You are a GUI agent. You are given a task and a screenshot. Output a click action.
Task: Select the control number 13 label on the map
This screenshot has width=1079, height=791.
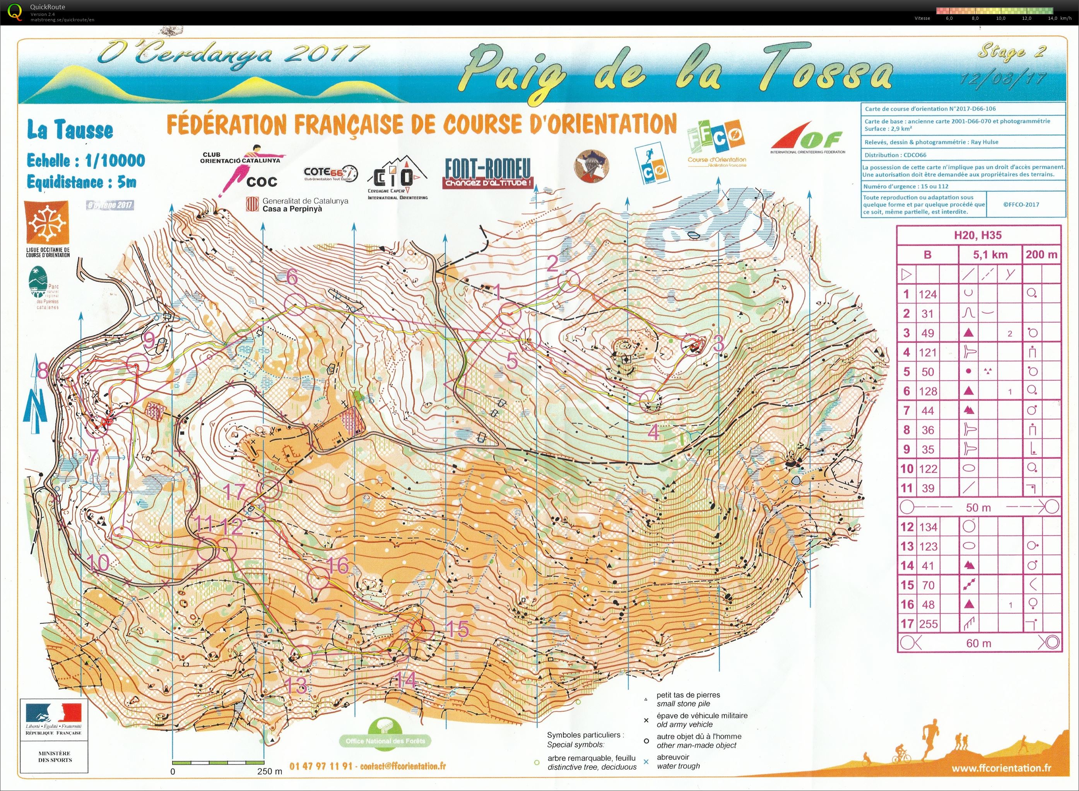pos(296,686)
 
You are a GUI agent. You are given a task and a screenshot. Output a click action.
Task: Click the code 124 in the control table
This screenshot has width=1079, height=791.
pos(927,294)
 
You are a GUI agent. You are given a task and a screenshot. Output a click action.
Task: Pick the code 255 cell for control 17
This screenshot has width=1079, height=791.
pos(928,624)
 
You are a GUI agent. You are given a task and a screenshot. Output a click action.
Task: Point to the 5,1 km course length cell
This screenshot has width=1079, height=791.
pos(990,254)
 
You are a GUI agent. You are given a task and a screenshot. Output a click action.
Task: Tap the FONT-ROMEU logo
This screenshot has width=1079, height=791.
pos(487,173)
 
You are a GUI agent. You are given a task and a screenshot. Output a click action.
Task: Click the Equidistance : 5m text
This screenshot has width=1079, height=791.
pos(81,182)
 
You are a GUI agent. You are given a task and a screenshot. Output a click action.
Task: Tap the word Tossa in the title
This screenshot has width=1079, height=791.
pos(826,72)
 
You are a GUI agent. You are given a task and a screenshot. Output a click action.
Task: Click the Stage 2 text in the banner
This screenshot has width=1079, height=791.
pos(1011,52)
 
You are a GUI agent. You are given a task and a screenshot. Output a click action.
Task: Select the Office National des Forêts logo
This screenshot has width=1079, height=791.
pos(385,733)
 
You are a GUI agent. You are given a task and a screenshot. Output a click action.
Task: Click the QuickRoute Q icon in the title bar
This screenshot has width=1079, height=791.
pos(15,12)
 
